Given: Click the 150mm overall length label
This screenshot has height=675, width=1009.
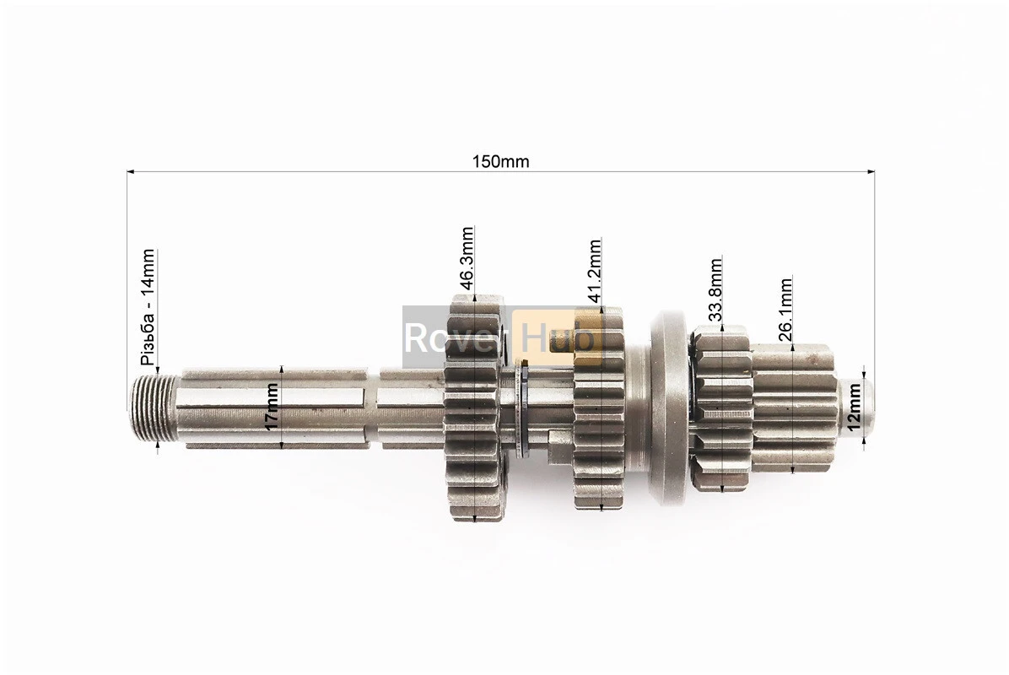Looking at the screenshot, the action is tap(500, 161).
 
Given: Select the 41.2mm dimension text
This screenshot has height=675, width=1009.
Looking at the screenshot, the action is tap(595, 270).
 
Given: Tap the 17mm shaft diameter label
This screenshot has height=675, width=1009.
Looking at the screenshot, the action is tap(272, 406).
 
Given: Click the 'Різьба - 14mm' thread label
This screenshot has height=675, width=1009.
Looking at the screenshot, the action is tap(148, 307).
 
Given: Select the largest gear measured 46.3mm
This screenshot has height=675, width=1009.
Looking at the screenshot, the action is tap(474, 408).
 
